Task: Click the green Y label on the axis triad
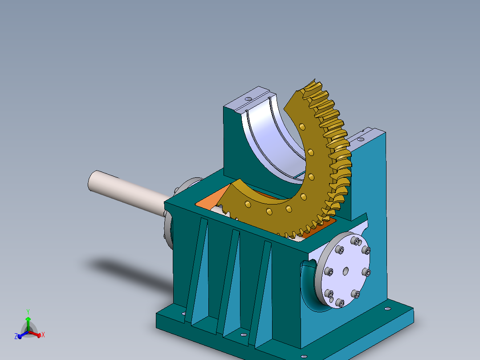(28, 311)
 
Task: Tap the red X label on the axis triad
(43, 335)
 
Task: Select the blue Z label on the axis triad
(16, 336)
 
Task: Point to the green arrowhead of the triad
(28, 319)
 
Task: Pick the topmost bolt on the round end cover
(356, 241)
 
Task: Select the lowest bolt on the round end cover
(341, 303)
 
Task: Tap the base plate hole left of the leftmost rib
(184, 314)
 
